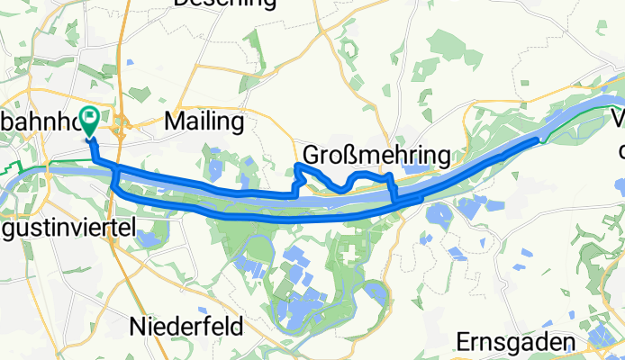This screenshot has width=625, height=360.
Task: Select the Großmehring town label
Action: (x=376, y=155)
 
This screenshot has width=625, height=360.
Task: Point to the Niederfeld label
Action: (x=186, y=324)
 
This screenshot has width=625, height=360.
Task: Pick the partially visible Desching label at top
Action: (x=224, y=4)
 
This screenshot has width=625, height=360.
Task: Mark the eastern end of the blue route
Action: (x=541, y=139)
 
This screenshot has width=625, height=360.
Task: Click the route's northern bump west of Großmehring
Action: (x=298, y=167)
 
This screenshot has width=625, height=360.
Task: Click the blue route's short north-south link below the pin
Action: (x=113, y=181)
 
